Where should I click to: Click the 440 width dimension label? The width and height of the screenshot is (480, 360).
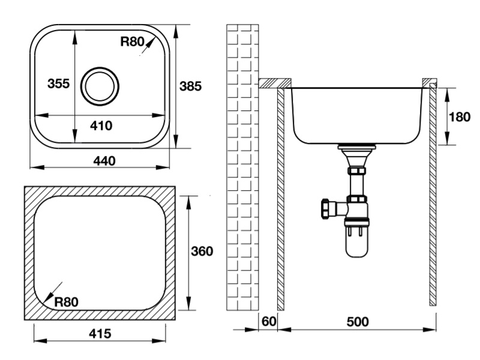(x=104, y=161)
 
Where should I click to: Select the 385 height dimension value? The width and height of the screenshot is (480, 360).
(x=190, y=86)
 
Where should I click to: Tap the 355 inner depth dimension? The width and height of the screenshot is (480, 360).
(x=58, y=83)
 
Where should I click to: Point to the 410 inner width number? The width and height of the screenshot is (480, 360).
(x=101, y=125)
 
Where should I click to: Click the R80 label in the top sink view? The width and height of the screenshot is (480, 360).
(x=132, y=41)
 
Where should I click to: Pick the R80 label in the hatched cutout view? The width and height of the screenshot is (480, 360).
(x=67, y=302)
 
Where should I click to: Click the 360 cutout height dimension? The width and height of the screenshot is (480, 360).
(x=202, y=251)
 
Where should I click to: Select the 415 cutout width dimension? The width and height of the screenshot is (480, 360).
(x=100, y=334)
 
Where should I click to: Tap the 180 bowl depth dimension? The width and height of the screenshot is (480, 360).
(x=459, y=116)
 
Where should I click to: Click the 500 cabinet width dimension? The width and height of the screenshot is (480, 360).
(x=358, y=322)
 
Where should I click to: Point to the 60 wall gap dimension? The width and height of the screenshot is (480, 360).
(x=269, y=321)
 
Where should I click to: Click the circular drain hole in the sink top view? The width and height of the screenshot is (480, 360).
(x=100, y=86)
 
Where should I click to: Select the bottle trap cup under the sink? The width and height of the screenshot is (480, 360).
(x=356, y=241)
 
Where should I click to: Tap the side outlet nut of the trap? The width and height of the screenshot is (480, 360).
(x=325, y=208)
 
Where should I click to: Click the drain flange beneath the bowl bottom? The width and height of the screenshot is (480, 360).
(x=356, y=147)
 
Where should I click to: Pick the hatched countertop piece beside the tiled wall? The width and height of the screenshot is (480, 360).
(x=275, y=83)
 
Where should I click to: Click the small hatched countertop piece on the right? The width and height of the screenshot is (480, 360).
(x=430, y=83)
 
